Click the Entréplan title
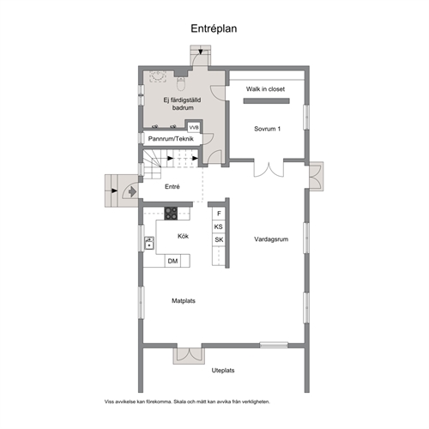[x=214, y=28]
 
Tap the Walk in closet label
[x=265, y=89]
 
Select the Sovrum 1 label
[x=267, y=129]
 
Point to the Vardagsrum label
[x=271, y=239]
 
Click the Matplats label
[x=184, y=300]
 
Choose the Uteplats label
[x=223, y=371]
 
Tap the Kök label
[x=183, y=236]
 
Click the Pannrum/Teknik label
[x=171, y=139]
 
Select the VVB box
[x=194, y=127]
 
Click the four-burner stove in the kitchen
[x=171, y=214]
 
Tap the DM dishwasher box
[x=172, y=261]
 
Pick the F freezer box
[x=219, y=214]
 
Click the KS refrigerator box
[x=219, y=227]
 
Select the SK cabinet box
[x=219, y=239]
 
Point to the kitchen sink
[x=149, y=243]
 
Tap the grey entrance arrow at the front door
[x=132, y=191]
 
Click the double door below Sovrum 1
[x=269, y=169]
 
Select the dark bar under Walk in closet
[x=267, y=100]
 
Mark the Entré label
[x=172, y=186]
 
